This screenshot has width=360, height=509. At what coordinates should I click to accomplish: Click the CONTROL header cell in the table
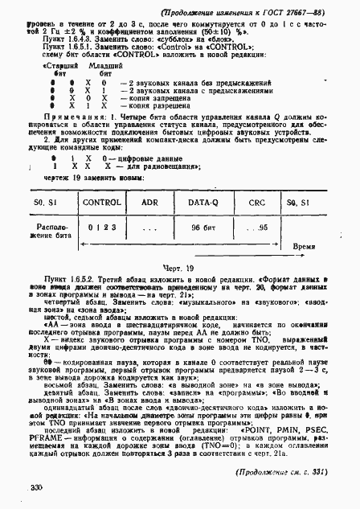click(x=102, y=203)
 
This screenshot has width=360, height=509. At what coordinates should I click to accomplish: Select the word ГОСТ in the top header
click(x=276, y=13)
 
